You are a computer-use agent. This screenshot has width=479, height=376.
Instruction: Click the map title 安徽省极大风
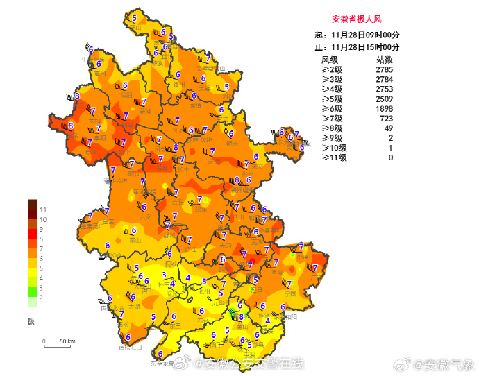coord(357,19)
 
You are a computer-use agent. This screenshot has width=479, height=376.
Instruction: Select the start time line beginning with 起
coord(357,35)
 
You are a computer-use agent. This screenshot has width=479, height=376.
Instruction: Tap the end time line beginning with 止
coord(357,46)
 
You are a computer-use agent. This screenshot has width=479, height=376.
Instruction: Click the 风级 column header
coord(329,60)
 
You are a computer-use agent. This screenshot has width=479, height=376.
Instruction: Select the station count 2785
coord(384,70)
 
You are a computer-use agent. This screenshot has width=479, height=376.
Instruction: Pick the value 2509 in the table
coord(384,99)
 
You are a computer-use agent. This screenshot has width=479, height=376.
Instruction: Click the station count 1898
coord(384,109)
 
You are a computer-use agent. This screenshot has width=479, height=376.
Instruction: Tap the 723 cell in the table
coord(386,119)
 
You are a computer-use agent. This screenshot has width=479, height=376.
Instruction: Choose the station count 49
coord(388,128)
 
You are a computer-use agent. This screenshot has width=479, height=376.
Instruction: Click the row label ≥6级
coord(331,109)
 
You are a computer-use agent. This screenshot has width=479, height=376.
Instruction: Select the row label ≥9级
coord(331,138)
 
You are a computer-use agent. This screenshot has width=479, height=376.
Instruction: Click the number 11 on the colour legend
coord(42,210)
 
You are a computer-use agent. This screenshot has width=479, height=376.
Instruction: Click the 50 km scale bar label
coord(67,341)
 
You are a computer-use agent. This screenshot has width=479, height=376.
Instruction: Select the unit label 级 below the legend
coord(31,321)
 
